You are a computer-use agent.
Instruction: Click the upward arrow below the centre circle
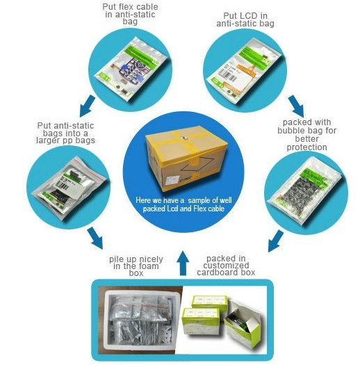[183, 263]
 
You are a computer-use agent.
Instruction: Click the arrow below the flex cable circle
[88, 106]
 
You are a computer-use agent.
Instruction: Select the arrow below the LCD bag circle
[296, 106]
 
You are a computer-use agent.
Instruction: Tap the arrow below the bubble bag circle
[276, 241]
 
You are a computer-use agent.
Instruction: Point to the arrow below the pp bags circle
[95, 238]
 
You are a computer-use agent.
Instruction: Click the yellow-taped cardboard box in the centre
[186, 159]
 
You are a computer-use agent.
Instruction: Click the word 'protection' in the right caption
[306, 147]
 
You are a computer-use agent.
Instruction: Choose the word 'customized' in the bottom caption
[226, 266]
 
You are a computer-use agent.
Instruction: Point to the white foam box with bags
[142, 323]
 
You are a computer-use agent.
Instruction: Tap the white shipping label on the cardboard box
[172, 180]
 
